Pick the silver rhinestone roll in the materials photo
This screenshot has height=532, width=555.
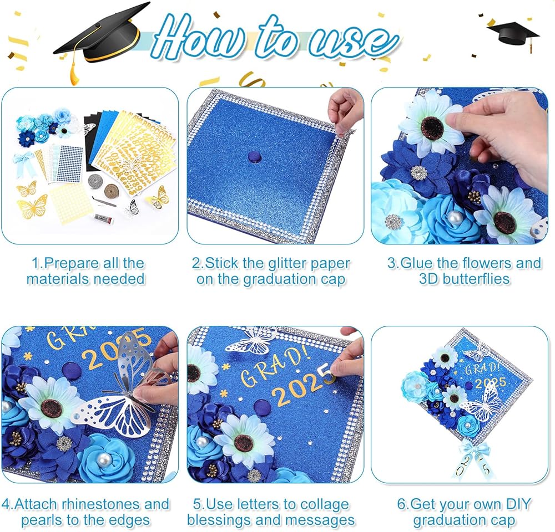coord(95,180)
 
